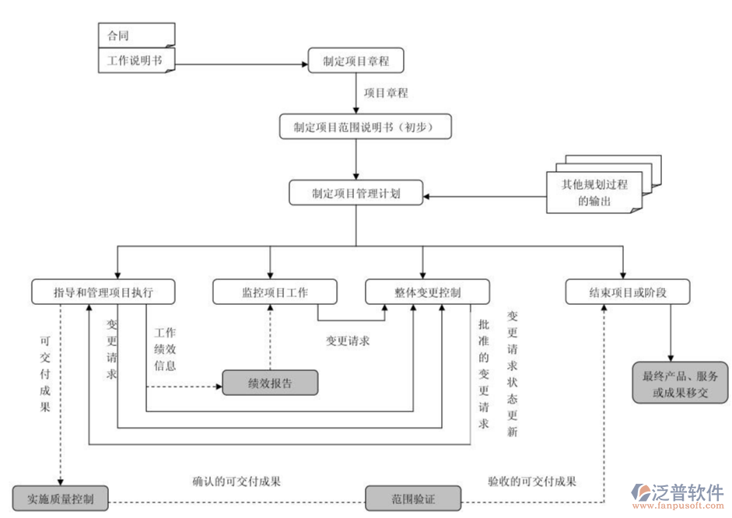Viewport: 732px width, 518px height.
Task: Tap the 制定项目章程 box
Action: tap(355, 61)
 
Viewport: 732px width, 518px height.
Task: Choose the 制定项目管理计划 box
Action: tap(356, 193)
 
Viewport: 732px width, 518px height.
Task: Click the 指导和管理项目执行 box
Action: tap(103, 292)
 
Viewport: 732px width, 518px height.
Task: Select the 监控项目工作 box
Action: tap(275, 292)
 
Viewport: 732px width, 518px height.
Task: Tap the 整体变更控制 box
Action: tap(428, 292)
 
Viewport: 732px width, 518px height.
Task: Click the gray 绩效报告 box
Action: tap(271, 383)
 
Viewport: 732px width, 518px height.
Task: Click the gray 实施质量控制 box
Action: tap(61, 499)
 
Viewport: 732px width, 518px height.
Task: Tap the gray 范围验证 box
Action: tap(413, 499)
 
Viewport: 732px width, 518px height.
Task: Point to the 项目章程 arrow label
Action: tap(387, 93)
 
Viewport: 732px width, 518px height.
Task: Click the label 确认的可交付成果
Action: tap(236, 481)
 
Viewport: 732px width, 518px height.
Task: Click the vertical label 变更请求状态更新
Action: tap(512, 374)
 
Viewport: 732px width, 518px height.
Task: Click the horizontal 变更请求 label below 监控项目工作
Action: tap(347, 341)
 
